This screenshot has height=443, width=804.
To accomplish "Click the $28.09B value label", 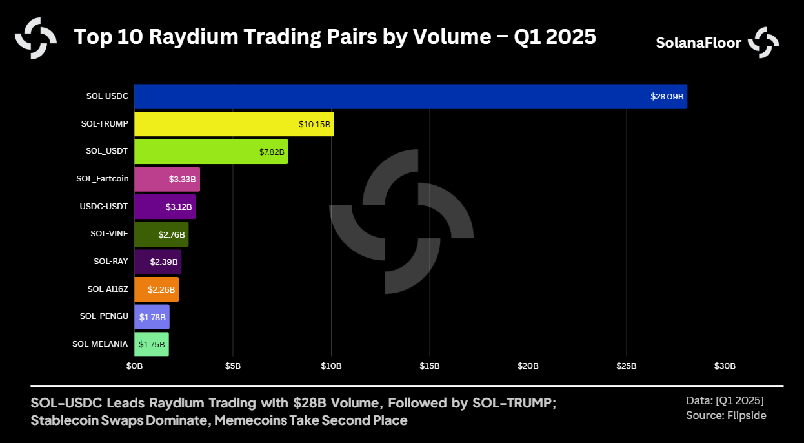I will coord(667,97).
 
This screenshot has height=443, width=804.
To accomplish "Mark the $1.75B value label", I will coord(152,345).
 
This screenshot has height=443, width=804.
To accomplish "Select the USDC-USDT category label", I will coord(104,207).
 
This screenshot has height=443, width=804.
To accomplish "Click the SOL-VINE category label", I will coord(109,234).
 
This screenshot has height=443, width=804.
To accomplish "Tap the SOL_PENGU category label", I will coord(104,316).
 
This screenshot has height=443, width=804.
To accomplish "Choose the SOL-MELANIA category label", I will coord(100,344).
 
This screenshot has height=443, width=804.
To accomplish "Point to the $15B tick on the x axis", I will coord(430,366).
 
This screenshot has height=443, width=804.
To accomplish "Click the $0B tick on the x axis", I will coord(134,366).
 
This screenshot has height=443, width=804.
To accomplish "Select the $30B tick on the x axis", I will coord(725,366).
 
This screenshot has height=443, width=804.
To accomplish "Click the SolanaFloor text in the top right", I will coord(698,43).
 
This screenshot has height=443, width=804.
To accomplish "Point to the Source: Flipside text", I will coord(726,415).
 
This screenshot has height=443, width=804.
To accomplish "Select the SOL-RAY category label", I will coord(110,262).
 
